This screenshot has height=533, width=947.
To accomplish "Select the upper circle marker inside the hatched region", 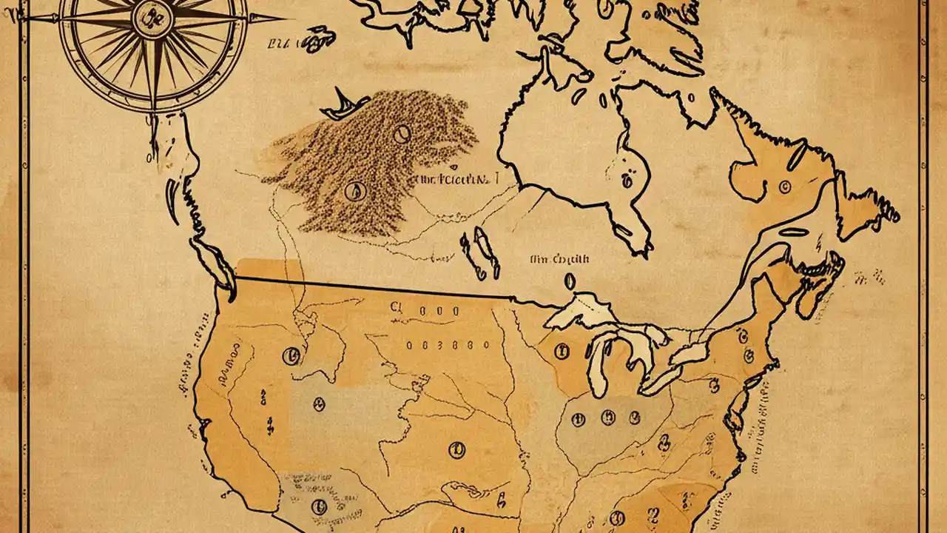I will pyautogui.click(x=402, y=134).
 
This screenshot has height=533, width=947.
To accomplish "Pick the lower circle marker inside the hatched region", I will pyautogui.click(x=355, y=191).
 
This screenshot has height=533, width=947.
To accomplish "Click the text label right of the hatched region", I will pyautogui.click(x=454, y=180).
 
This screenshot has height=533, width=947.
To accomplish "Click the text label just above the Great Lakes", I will pyautogui.click(x=559, y=260).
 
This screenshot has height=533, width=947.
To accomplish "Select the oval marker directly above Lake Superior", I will pyautogui.click(x=570, y=281).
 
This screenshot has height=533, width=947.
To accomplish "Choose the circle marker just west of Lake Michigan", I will pyautogui.click(x=562, y=350).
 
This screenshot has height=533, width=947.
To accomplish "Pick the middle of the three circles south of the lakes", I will pyautogui.click(x=608, y=418).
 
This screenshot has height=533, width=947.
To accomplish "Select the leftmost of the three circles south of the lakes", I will pyautogui.click(x=578, y=420).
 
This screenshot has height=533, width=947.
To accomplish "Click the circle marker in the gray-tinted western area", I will pyautogui.click(x=319, y=404).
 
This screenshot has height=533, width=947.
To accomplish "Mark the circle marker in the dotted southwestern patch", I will pyautogui.click(x=319, y=506).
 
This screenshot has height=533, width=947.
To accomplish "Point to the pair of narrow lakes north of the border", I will pyautogui.click(x=474, y=252).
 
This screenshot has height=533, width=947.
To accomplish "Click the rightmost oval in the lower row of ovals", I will pyautogui.click(x=486, y=345).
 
